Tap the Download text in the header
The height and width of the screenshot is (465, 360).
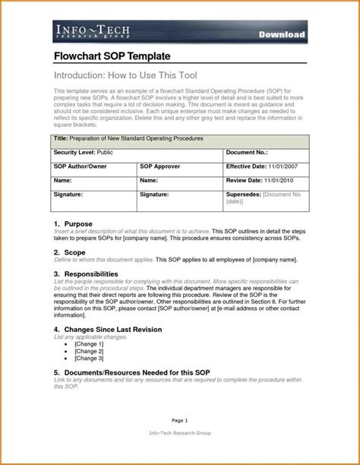pos(281,35)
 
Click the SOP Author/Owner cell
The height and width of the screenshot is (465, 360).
pos(81,166)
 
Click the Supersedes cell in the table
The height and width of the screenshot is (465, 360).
pos(266,198)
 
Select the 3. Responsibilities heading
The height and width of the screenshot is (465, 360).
pos(86,272)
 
